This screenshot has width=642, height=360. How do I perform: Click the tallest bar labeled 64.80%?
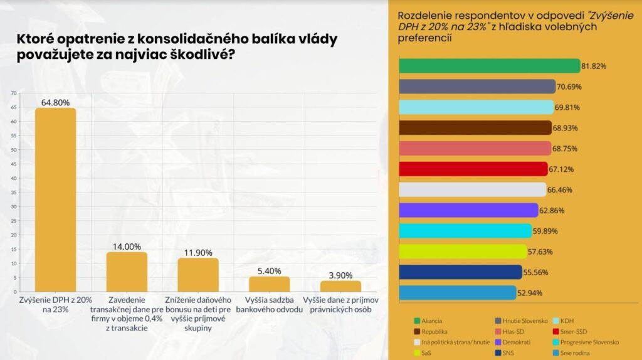click(x=55, y=200)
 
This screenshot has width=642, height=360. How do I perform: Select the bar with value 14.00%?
click(x=127, y=272)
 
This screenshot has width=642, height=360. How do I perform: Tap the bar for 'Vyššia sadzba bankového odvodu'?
click(x=270, y=284)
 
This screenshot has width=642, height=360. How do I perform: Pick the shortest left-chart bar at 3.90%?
click(x=341, y=286)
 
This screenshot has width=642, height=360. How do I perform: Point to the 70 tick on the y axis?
click(x=13, y=93)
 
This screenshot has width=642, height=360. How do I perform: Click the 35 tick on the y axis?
click(x=13, y=193)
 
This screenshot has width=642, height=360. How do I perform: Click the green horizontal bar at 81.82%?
click(x=489, y=66)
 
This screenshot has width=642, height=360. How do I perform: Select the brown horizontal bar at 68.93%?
click(x=475, y=128)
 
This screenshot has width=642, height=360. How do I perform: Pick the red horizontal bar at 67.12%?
click(x=473, y=169)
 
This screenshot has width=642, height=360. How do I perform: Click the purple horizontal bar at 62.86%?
click(x=468, y=210)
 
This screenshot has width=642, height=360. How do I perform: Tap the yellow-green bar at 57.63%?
click(x=463, y=251)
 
